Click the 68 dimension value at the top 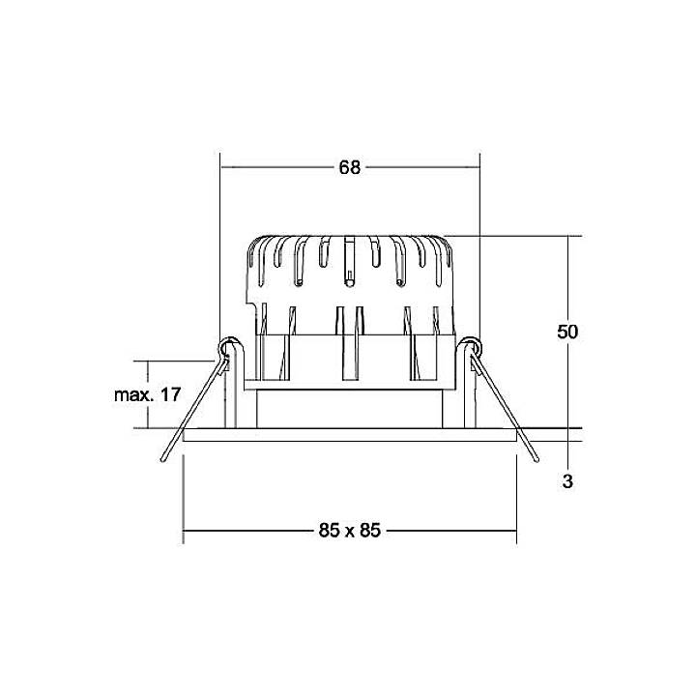[x=349, y=167]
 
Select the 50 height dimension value [x=567, y=332]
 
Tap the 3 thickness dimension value [x=567, y=480]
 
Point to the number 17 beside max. [x=170, y=394]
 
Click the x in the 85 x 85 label [x=349, y=530]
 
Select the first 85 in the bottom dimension [x=329, y=530]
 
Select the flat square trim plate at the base [x=349, y=435]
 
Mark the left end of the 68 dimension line [x=221, y=167]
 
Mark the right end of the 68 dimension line [x=479, y=167]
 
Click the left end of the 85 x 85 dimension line [x=184, y=530]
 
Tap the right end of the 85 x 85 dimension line [x=515, y=530]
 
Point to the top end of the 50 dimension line [x=568, y=237]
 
